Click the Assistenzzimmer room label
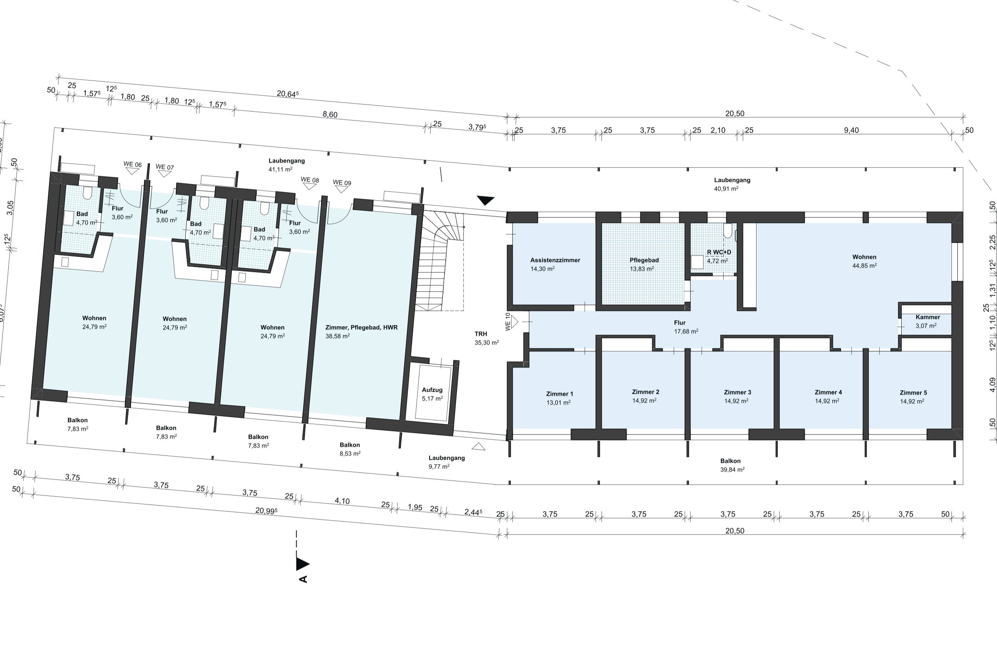coord(555,260)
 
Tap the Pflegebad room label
coord(644,260)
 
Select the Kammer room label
coord(928,317)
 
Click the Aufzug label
coord(432,390)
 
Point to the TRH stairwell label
coord(481,334)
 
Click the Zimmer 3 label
coord(737,392)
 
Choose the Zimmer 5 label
coord(913,393)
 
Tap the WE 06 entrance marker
coord(133,168)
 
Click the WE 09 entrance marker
coord(342,186)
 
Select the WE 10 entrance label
coord(508,322)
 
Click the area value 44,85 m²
coord(864,265)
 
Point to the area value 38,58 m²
coord(337,336)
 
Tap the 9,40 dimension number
coord(851,130)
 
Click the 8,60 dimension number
coord(330,115)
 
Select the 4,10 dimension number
coord(342,501)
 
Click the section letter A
coord(303,579)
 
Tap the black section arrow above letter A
coord(302,564)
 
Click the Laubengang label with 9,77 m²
coord(447,458)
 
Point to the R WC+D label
coord(719,252)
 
